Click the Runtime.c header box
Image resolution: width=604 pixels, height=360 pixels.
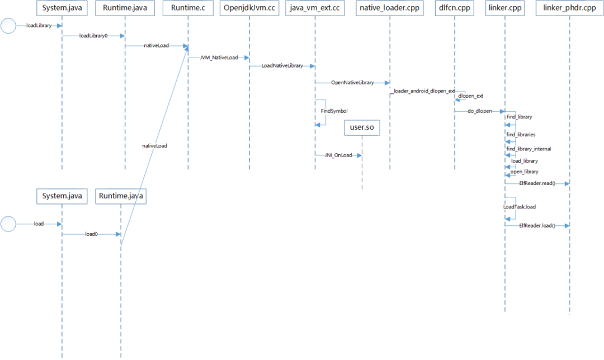(x=188, y=8)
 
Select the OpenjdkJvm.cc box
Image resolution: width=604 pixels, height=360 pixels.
(x=249, y=8)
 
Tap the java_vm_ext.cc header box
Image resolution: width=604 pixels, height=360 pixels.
(x=315, y=8)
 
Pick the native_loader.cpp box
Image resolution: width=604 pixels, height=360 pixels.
(x=390, y=8)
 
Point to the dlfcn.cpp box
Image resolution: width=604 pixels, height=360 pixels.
(x=454, y=8)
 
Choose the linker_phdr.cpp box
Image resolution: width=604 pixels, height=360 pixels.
(x=569, y=8)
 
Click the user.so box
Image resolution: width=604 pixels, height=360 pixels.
(x=362, y=127)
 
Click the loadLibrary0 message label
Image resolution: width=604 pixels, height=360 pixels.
(x=93, y=36)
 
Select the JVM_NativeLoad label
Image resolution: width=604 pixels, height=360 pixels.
(x=219, y=57)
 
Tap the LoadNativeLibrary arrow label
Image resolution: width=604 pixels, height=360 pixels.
(x=282, y=66)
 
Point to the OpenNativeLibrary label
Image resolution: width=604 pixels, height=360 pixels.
(x=352, y=83)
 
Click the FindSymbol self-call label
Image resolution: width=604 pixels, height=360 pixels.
(x=334, y=111)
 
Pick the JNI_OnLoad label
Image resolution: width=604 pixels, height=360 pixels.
(x=338, y=155)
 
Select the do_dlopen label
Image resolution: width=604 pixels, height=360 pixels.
(x=480, y=111)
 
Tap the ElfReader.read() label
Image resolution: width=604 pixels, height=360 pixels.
(x=537, y=183)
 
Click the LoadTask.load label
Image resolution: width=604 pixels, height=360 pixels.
(x=520, y=207)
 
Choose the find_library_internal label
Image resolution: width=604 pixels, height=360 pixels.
(x=528, y=149)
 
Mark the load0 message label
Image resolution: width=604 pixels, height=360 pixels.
(x=91, y=234)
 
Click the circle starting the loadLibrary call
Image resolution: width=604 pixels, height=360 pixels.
(x=8, y=26)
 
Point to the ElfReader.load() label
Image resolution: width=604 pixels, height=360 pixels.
(x=537, y=225)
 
